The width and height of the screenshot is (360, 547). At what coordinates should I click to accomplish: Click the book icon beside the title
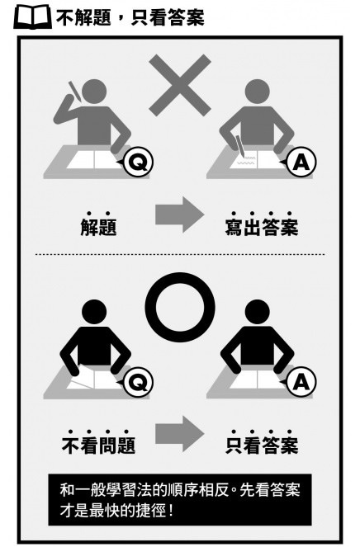point(32,17)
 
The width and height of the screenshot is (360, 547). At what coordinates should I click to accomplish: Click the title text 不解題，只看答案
point(130,17)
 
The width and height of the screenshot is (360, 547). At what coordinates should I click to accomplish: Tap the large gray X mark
point(180,85)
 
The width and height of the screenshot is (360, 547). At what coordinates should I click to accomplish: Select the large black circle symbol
point(180,307)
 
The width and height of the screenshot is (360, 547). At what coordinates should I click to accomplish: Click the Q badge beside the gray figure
point(139,162)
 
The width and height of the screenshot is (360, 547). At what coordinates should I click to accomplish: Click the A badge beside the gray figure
point(301,162)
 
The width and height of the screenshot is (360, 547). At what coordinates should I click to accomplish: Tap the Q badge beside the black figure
point(139,382)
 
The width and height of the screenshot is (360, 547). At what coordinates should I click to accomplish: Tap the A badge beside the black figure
point(301,382)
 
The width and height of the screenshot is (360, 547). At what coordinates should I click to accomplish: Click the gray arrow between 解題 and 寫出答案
point(179,215)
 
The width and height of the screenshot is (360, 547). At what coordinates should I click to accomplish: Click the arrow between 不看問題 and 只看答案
point(179,434)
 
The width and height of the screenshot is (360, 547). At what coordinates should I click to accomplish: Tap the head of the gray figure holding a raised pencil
point(94,92)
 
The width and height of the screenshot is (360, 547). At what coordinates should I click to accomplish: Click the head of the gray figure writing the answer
point(258,92)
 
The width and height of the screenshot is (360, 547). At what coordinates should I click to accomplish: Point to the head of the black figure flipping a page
point(94,312)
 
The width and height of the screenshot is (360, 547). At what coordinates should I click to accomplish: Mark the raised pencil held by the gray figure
point(74,92)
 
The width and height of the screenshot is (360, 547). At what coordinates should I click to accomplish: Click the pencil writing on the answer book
point(240,147)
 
